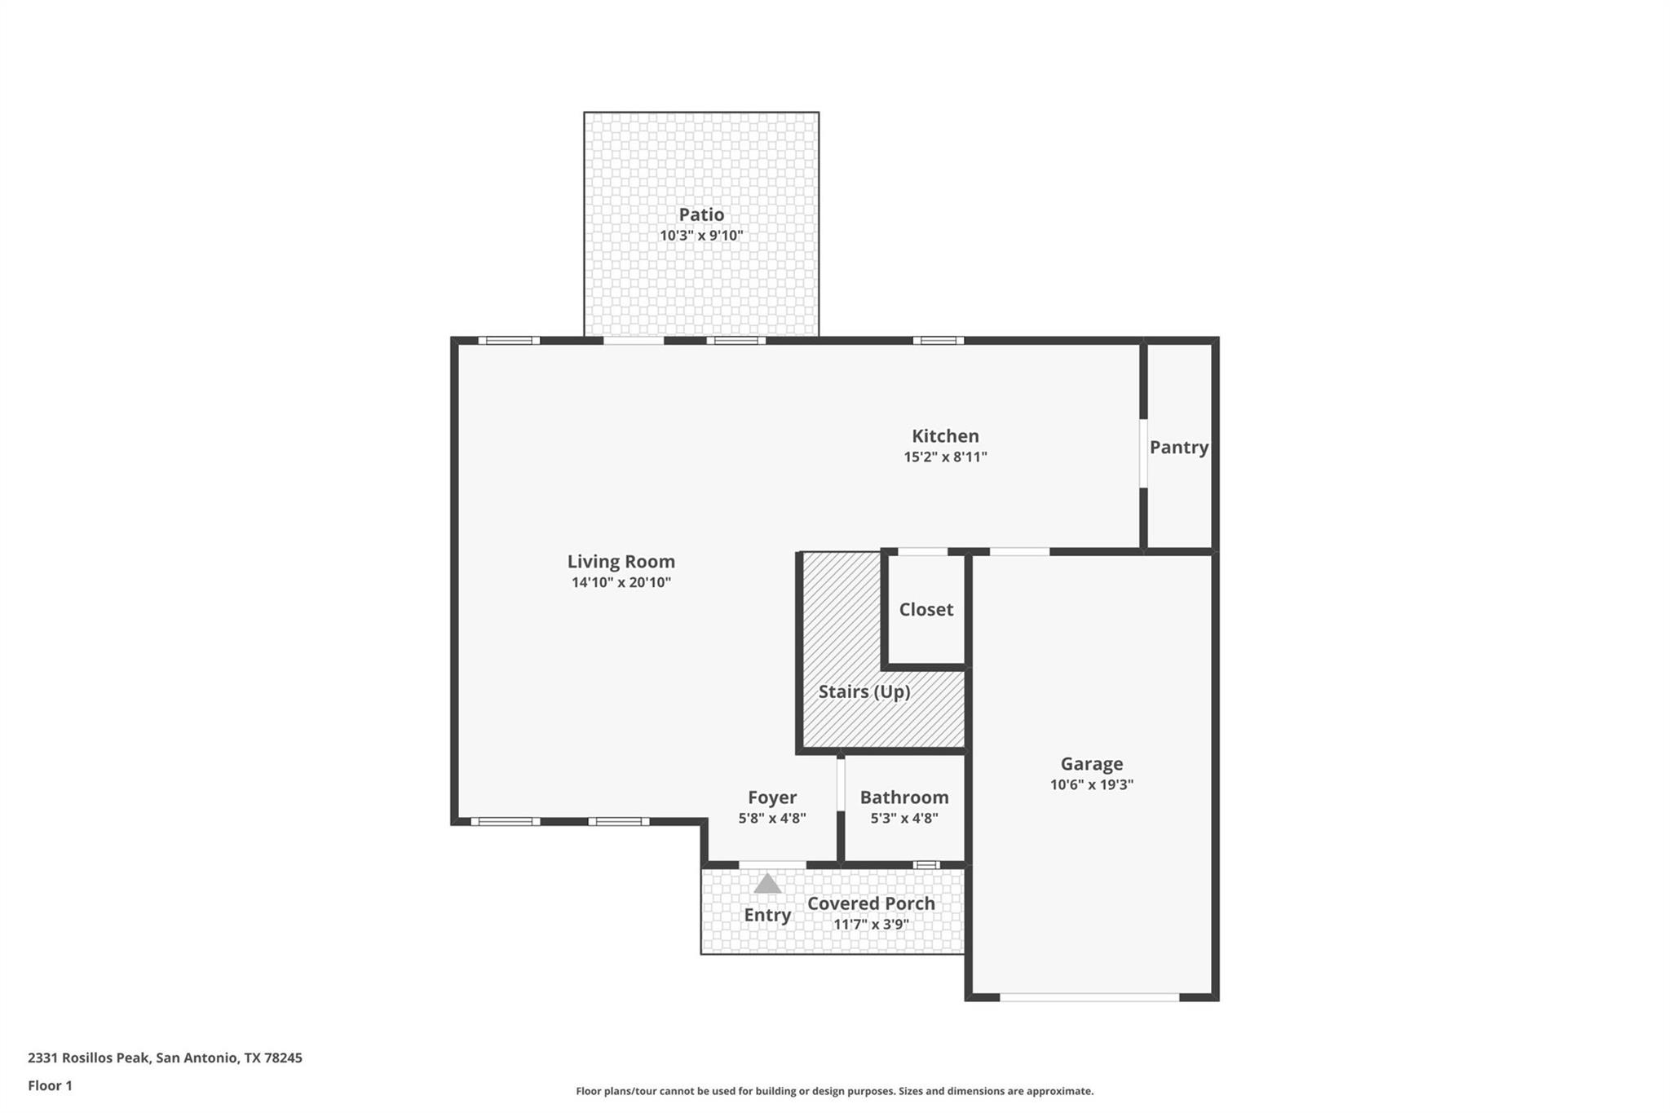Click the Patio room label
pyautogui.click(x=701, y=214)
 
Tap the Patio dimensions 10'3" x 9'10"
pyautogui.click(x=701, y=236)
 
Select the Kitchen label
pyautogui.click(x=945, y=436)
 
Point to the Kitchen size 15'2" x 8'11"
pyautogui.click(x=945, y=457)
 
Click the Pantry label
pyautogui.click(x=1178, y=448)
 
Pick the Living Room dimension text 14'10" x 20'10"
pyautogui.click(x=621, y=583)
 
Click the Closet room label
pyautogui.click(x=926, y=610)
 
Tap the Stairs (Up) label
pyautogui.click(x=864, y=692)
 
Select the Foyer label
pyautogui.click(x=771, y=797)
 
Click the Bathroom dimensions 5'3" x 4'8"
pyautogui.click(x=903, y=819)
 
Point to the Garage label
pyautogui.click(x=1091, y=764)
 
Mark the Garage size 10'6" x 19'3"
pyautogui.click(x=1091, y=785)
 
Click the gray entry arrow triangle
pyautogui.click(x=767, y=885)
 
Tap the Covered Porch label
pyautogui.click(x=871, y=903)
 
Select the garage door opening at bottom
pyautogui.click(x=1089, y=997)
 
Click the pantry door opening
pyautogui.click(x=1143, y=453)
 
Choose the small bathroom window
pyautogui.click(x=926, y=864)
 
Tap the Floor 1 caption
pyautogui.click(x=50, y=1085)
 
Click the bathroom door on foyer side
pyautogui.click(x=841, y=784)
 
